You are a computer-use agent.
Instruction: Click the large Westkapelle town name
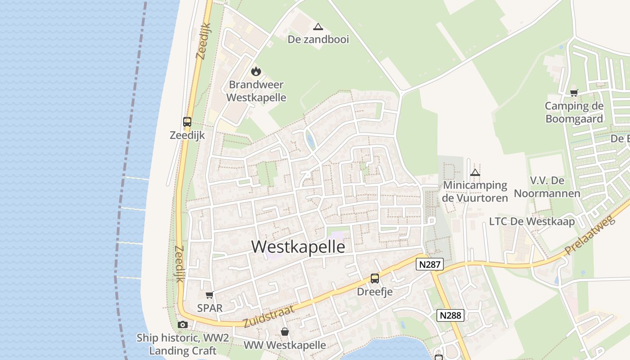[x=298, y=247]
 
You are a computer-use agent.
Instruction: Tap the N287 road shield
[x=429, y=264]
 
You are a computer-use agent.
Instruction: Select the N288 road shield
[x=450, y=315]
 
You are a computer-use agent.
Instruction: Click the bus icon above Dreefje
[x=375, y=279]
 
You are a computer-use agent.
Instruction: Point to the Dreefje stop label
[x=375, y=292]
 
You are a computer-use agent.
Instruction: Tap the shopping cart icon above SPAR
[x=209, y=295]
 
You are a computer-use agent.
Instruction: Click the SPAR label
[x=210, y=308]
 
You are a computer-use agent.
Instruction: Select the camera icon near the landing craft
[x=182, y=324]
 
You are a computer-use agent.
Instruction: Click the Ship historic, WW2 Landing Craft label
[x=183, y=344]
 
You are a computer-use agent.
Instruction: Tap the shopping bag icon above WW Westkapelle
[x=285, y=332]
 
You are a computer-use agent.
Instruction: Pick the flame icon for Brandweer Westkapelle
[x=256, y=71]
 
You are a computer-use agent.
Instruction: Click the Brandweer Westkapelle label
[x=256, y=91]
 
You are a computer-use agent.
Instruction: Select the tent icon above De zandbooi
[x=318, y=27]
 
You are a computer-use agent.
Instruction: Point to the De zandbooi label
[x=318, y=40]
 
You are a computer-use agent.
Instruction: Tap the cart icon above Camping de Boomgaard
[x=574, y=93]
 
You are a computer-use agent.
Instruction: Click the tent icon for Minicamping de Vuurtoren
[x=475, y=172]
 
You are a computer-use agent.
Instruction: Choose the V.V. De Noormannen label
[x=547, y=187]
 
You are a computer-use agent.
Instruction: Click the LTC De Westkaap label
[x=532, y=221]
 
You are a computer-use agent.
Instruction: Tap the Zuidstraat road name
[x=269, y=316]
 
